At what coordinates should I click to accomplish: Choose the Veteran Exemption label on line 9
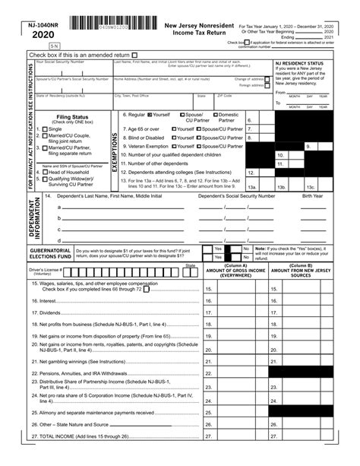pos(147,145)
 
